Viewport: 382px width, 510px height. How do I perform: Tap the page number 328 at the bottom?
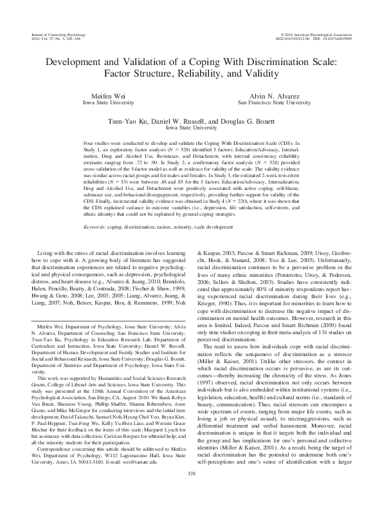191,492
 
